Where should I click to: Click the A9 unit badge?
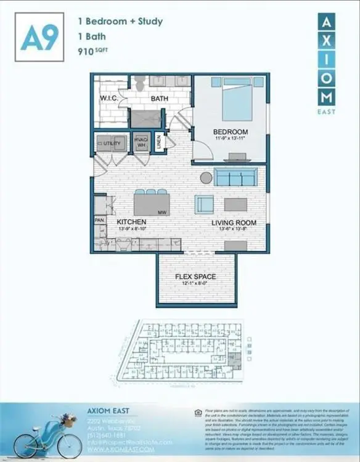point(40,38)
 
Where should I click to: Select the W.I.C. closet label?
point(110,99)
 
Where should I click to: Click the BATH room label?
point(160,98)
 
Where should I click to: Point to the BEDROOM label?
point(231,132)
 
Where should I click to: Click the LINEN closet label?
point(158,142)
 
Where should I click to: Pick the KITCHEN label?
point(131,222)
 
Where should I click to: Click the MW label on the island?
point(162,212)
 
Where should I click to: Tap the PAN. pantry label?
point(99,219)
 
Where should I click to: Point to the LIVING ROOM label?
point(234,222)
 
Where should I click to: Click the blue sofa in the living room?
point(235,177)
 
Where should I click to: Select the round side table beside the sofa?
point(206,177)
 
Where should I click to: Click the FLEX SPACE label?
point(195,277)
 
